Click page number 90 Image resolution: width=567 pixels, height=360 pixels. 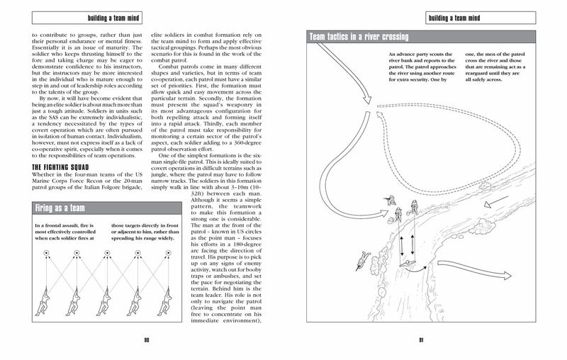(146, 339)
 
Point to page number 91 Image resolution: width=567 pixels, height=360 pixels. (420, 339)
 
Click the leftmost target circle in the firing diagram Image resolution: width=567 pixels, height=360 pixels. (47, 253)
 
